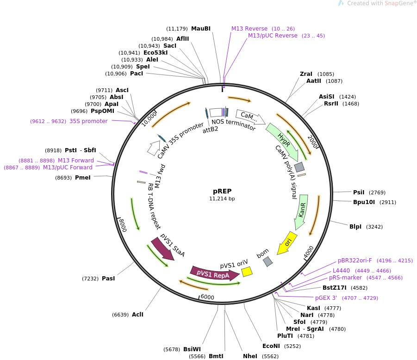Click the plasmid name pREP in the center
(x=222, y=191)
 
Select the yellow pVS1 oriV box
(x=247, y=272)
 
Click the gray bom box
(x=268, y=261)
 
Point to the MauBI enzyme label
(x=201, y=29)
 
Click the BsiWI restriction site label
(x=192, y=349)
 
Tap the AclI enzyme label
(x=137, y=315)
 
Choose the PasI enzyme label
(x=108, y=278)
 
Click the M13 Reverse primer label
(x=249, y=29)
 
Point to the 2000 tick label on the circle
(x=312, y=143)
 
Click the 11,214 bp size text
(x=222, y=199)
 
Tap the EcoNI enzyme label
(x=272, y=346)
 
